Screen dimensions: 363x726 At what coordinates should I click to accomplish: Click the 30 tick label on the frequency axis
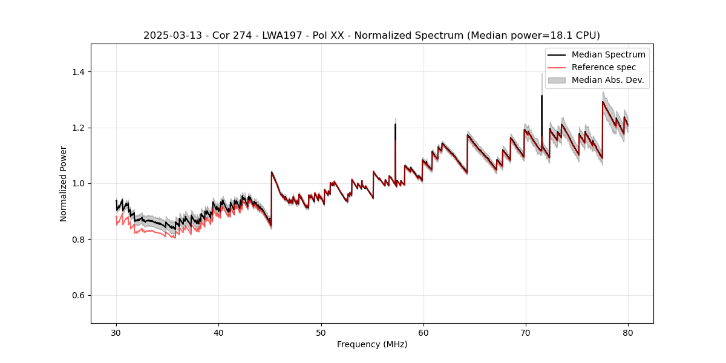[116, 333]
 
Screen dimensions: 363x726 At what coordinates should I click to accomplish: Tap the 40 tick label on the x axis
[218, 333]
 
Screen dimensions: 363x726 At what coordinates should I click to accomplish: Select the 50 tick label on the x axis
[321, 333]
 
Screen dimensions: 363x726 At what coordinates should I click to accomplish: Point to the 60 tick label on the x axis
[423, 333]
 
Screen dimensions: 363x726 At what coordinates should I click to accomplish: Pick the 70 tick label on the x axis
[525, 333]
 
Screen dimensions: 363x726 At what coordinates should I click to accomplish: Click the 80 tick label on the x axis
[627, 333]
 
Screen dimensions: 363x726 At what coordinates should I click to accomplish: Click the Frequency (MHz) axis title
[372, 344]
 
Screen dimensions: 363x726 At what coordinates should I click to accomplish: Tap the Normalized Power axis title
[64, 183]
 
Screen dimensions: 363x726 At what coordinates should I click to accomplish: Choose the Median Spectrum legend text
[608, 54]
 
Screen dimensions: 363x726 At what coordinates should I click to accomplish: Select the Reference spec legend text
[604, 67]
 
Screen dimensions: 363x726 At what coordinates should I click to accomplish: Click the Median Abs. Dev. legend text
[607, 80]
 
